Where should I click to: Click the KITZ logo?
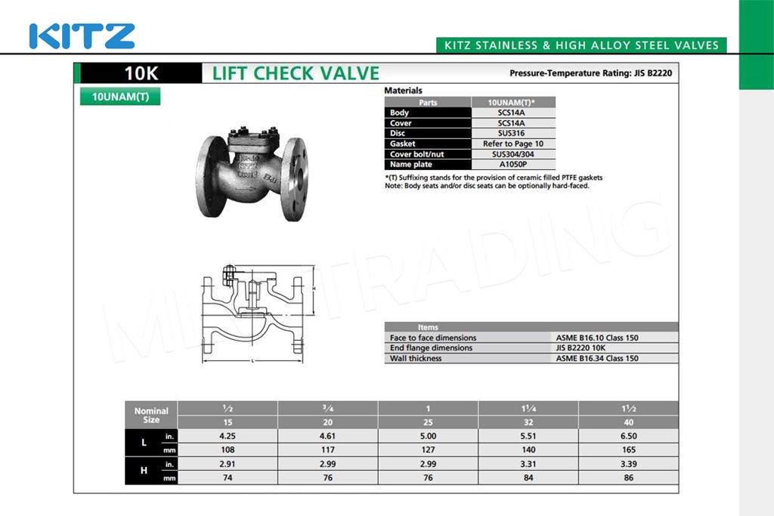point(82,36)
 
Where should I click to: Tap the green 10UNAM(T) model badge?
point(120,96)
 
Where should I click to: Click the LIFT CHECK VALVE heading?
point(296,73)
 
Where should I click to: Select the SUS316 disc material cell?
point(512,133)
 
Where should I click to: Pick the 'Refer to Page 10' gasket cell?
point(513,144)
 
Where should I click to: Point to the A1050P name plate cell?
point(513,164)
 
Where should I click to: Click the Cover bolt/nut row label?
point(417,154)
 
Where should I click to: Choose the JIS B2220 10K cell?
point(580,348)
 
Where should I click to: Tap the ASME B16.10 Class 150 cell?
point(597,338)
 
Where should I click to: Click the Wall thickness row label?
point(416,359)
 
